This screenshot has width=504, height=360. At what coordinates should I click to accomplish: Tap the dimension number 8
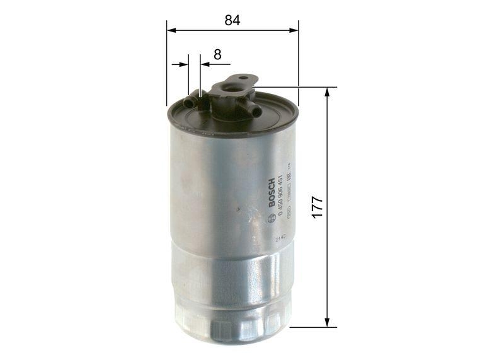(x=217, y=54)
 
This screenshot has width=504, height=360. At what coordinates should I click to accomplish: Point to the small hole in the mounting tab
(x=243, y=79)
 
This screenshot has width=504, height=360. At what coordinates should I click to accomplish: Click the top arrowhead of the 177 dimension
(x=327, y=92)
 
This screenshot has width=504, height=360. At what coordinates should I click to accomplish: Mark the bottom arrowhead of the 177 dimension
(x=327, y=322)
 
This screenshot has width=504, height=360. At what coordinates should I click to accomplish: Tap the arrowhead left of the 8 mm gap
(x=184, y=64)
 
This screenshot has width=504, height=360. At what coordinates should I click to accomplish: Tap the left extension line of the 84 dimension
(x=167, y=63)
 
